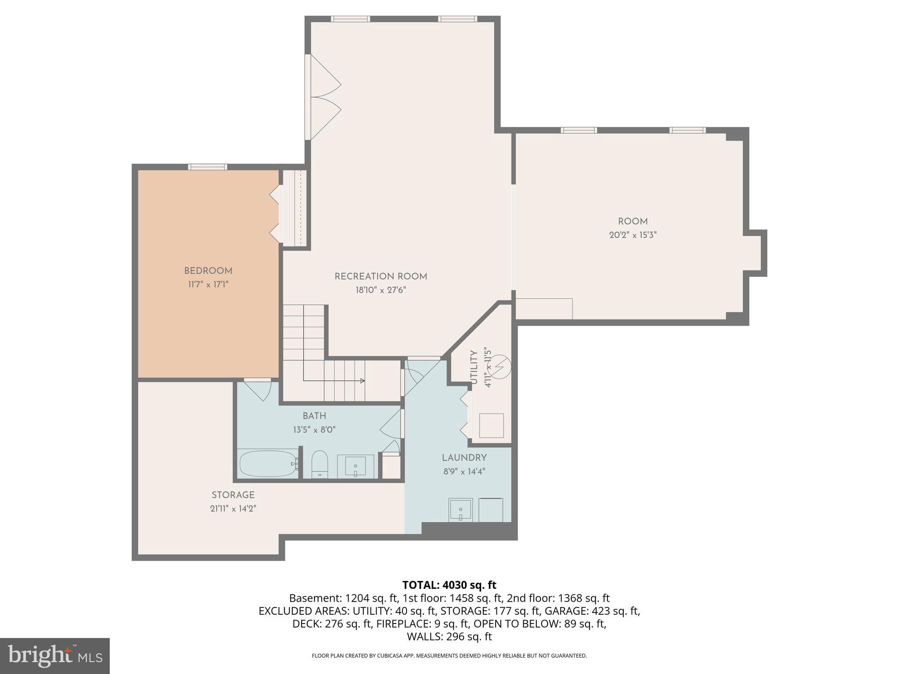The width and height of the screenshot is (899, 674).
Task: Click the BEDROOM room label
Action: [208, 271]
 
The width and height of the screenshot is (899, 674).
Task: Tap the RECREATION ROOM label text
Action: [381, 276]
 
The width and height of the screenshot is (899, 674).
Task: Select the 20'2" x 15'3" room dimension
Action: [633, 235]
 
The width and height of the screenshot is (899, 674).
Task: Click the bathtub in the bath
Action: [268, 464]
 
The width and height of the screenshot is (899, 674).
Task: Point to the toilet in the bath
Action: [320, 463]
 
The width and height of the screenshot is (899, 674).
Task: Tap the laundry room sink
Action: [460, 510]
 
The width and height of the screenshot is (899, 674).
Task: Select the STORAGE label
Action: [233, 495]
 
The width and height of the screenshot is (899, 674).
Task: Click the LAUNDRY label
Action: [464, 458]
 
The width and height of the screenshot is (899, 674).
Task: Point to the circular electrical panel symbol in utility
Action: [500, 367]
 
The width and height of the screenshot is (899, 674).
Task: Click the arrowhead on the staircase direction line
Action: [362, 380]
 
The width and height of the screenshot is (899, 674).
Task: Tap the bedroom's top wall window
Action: [208, 167]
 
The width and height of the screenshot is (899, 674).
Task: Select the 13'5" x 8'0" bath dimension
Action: [314, 430]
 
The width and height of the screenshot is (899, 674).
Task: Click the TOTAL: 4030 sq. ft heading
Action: [449, 585]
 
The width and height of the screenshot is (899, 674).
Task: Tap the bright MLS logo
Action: [55, 656]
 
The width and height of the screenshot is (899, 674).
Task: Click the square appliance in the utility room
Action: [491, 425]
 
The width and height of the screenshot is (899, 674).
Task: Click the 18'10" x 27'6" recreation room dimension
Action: [381, 290]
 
